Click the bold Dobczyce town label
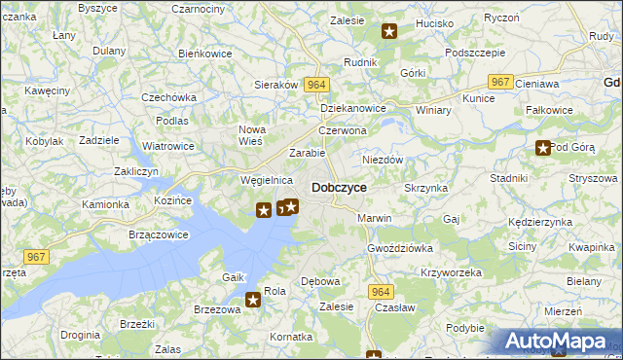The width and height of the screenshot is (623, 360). point(339,187)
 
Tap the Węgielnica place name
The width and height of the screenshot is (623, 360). point(267,180)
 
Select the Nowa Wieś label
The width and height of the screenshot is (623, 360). point(252,135)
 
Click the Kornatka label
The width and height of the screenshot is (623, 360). point(292,336)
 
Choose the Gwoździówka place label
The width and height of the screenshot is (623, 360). point(400,248)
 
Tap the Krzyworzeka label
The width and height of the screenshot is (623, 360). point(452,272)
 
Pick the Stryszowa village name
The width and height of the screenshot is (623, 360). point(594,178)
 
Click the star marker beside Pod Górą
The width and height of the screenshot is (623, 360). point(542,148)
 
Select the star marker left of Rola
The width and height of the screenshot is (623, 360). point(253,300)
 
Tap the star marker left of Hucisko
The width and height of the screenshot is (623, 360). point(389,31)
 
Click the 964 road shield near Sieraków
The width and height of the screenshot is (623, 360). point(315,86)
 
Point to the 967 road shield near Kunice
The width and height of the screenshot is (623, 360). point(500,83)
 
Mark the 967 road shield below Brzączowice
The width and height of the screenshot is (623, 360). point(37,256)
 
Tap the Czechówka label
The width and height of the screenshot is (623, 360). point(168,97)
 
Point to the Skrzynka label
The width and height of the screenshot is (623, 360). point(425,187)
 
